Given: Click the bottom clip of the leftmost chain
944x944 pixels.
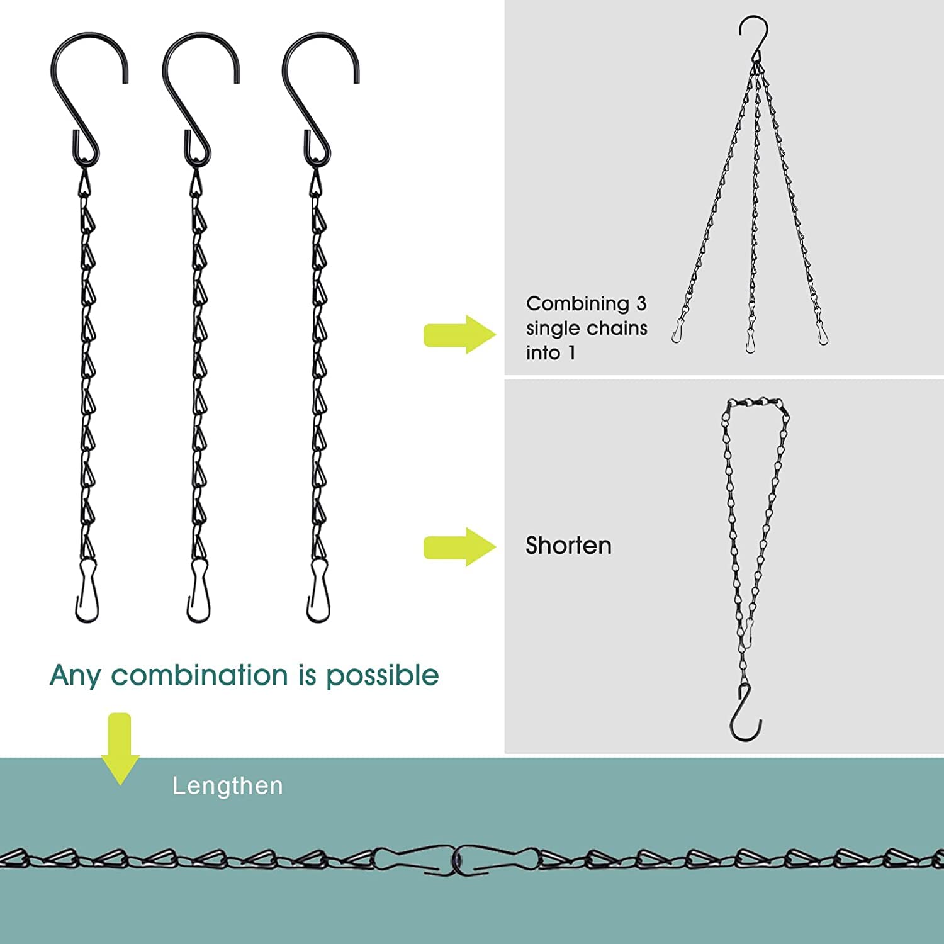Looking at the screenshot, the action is click(87, 591).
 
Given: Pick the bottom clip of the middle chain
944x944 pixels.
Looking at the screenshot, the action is click(199, 591).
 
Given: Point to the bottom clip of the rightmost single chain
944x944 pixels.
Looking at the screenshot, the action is click(318, 591).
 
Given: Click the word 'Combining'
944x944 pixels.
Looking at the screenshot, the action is click(578, 304).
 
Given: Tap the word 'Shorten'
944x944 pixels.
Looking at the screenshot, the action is click(568, 546).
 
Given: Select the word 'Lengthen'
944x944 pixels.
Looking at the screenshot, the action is click(228, 786).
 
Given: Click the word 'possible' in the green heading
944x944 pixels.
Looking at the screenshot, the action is click(382, 676).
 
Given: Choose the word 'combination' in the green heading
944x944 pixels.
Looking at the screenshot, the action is click(199, 675).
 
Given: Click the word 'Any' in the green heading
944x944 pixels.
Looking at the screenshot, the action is click(75, 676).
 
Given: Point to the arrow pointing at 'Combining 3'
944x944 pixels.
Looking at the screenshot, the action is click(459, 334).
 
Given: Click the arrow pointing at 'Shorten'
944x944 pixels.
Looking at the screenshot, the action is click(459, 547).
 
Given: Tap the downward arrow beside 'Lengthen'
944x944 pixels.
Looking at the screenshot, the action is click(120, 749).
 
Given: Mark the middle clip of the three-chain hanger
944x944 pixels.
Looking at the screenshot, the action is click(750, 340).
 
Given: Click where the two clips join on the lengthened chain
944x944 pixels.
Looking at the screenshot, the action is click(456, 859).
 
